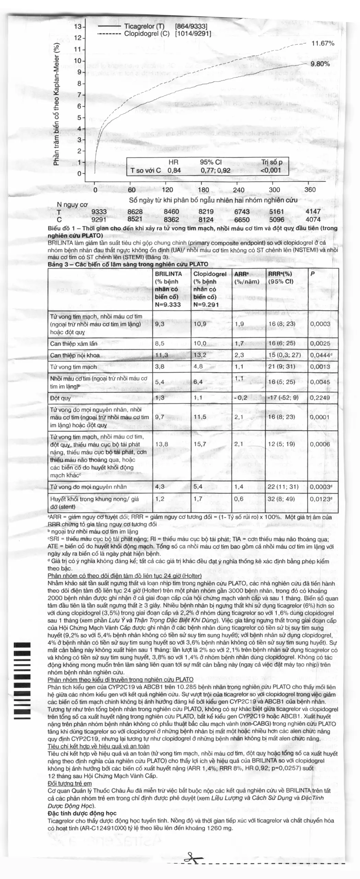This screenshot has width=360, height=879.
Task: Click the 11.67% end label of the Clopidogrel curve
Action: pos(323,44)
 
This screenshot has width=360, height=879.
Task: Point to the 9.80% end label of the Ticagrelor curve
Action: pos(320,64)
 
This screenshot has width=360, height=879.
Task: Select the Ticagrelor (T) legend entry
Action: pos(144,26)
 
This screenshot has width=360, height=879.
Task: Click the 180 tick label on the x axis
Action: pos(204,190)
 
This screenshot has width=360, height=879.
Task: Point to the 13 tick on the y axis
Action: pos(78,27)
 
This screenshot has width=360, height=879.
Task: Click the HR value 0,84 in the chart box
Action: pos(174,170)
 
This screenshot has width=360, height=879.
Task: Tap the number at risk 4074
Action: pos(313,219)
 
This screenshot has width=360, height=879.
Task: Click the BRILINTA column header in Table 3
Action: pos(169,274)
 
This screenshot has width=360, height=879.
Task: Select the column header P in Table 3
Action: pos(312,274)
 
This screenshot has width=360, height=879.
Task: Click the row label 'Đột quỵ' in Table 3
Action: pos(60,398)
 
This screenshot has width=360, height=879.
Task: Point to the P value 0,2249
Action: pos(320,398)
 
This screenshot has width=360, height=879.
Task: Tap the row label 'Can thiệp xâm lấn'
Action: pos(74,343)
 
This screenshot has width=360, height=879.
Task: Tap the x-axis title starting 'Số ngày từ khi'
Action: pos(213,200)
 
